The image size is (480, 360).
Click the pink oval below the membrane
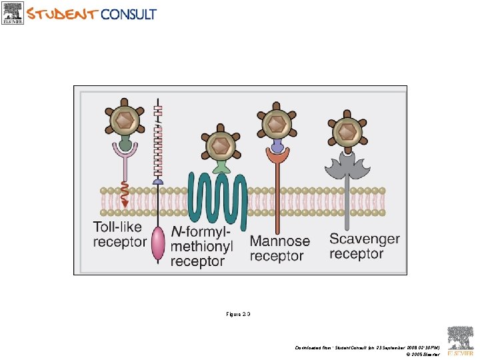point(158,243)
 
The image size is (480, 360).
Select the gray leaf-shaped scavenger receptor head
point(346,164)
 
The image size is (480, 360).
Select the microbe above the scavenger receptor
point(346,131)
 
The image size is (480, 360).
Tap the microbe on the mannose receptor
point(276,123)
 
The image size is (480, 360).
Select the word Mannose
point(280,241)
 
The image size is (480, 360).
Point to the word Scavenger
point(365,239)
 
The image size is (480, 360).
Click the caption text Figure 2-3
point(237,313)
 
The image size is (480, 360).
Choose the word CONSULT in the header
point(129,13)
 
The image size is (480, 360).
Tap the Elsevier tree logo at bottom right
point(460,340)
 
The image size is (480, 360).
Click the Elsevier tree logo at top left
point(13,12)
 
